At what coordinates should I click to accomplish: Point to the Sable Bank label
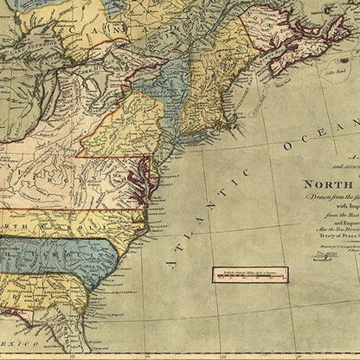pos(330,71)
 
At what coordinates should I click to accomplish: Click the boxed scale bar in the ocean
pos(252,274)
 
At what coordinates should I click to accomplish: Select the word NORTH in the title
pos(319,183)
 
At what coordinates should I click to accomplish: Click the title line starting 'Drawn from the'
pos(325,196)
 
